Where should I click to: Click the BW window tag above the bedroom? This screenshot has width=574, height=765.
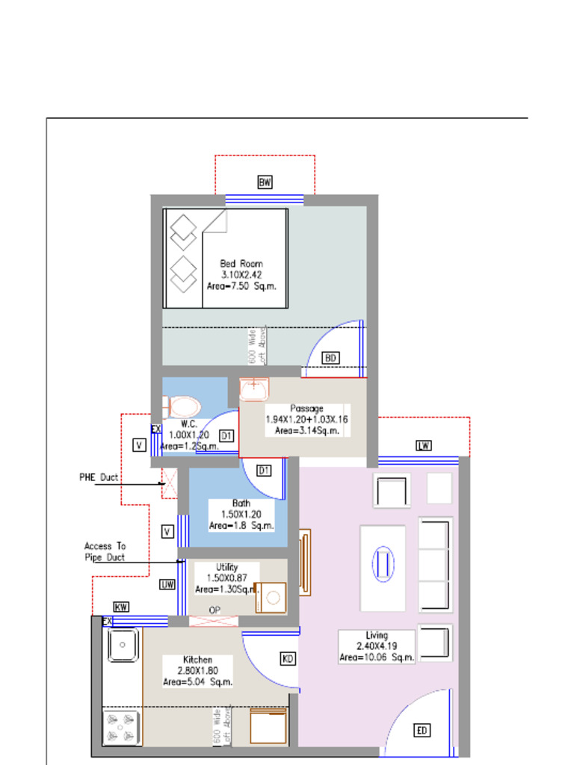coord(265,182)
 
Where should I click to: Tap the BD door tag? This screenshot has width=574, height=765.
coord(330,358)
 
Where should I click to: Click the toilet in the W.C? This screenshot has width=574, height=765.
coord(182,407)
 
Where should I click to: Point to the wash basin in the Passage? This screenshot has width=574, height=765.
coord(254,389)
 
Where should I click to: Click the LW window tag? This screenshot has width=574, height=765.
coord(424,446)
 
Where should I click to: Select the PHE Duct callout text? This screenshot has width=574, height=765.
coord(99,477)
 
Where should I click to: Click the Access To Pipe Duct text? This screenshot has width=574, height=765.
coord(105,551)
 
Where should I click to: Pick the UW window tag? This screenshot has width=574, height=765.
coord(167,585)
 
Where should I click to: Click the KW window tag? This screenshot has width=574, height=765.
coord(121,607)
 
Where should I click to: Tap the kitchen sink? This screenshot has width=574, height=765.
coord(123,645)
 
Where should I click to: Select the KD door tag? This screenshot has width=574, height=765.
coord(288,658)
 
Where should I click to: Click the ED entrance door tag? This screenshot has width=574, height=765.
coord(422,731)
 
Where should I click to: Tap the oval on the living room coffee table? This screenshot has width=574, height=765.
coord(382,563)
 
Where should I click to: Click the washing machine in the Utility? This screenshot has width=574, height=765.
coord(271,598)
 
